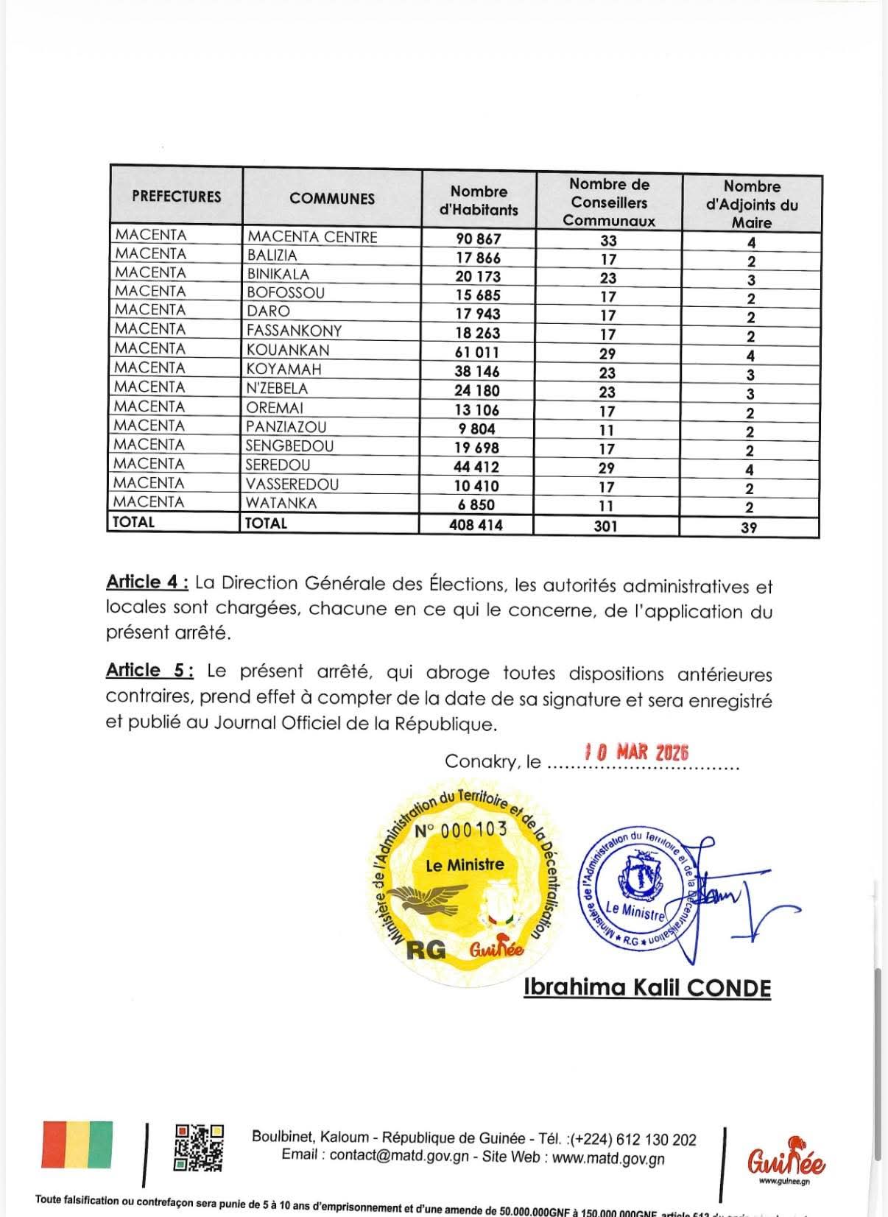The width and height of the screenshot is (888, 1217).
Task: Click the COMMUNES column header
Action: (x=332, y=198)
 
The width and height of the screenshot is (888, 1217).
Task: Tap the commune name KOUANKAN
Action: (x=288, y=350)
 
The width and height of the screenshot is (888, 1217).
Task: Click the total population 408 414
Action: (x=476, y=524)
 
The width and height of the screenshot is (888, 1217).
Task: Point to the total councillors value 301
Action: (x=607, y=526)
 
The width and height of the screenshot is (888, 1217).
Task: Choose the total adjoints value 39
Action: (x=749, y=527)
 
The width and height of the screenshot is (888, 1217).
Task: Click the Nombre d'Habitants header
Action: (x=479, y=200)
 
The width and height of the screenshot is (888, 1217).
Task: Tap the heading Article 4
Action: (x=147, y=582)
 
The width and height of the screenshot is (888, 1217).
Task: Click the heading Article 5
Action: (x=149, y=670)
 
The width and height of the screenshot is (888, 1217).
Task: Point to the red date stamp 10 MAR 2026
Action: (x=636, y=752)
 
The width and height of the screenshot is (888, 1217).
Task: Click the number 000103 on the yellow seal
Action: (x=461, y=830)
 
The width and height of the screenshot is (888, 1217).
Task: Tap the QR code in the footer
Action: (x=199, y=1147)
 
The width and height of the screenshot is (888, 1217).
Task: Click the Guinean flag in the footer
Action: (x=77, y=1145)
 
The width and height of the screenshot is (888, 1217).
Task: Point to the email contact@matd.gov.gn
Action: (x=399, y=1157)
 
